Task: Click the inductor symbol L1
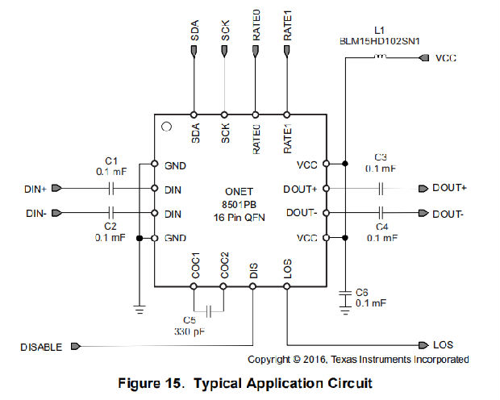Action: coord(383,57)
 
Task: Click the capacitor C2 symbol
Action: coord(112,213)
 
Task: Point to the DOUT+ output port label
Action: coord(450,189)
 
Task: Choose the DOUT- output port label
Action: coord(448,214)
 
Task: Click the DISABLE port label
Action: coord(40,347)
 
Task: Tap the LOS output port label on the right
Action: coord(443,344)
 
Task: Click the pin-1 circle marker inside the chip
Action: coord(166,127)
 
